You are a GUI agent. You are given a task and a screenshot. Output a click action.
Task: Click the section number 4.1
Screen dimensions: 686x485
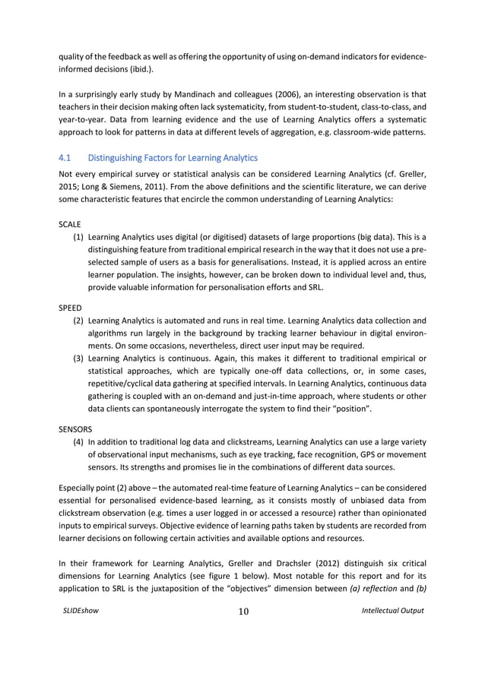pos(65,158)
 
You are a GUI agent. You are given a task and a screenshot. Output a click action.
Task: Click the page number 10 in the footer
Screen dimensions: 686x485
pos(243,612)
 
